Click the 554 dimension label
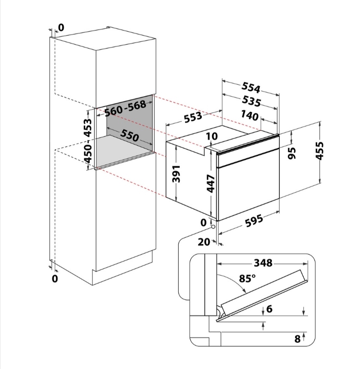(251, 88)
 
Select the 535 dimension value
(252, 101)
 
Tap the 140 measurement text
(250, 115)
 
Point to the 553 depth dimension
(193, 117)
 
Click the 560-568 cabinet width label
(125, 108)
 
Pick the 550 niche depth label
(130, 135)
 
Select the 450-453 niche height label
(88, 141)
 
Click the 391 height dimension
(176, 174)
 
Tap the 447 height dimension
(211, 184)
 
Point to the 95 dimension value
(292, 153)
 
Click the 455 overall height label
(320, 151)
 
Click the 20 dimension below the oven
(204, 242)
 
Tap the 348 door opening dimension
(263, 263)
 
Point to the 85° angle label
(247, 278)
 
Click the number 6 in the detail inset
(269, 308)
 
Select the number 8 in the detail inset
(297, 339)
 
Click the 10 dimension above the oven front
(212, 136)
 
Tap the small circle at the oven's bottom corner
(213, 227)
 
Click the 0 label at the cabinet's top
(61, 28)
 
